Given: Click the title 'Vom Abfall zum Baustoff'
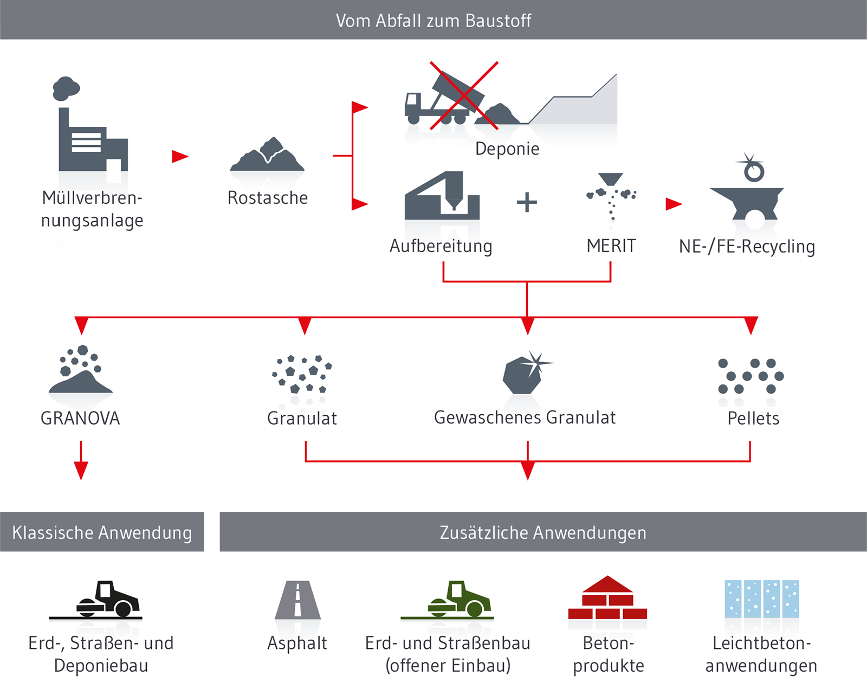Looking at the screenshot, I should tap(433, 21).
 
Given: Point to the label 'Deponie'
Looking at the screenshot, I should tap(507, 149).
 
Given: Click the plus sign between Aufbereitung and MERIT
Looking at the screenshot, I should tap(527, 203).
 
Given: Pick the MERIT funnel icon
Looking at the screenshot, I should tap(611, 195).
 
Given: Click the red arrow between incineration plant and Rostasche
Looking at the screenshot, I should tap(179, 156).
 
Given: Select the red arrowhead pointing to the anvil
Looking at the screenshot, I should tap(673, 204).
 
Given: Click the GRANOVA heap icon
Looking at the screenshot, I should tap(80, 371).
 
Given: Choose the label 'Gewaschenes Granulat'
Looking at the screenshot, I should tap(525, 417).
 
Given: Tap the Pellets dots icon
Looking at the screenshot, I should tap(750, 376).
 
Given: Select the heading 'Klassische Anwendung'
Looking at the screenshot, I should tap(102, 532).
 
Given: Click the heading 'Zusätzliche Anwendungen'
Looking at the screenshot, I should tap(543, 532).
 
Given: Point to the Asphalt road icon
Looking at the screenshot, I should tap(297, 600).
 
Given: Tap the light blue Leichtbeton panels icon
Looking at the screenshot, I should tap(761, 599).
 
